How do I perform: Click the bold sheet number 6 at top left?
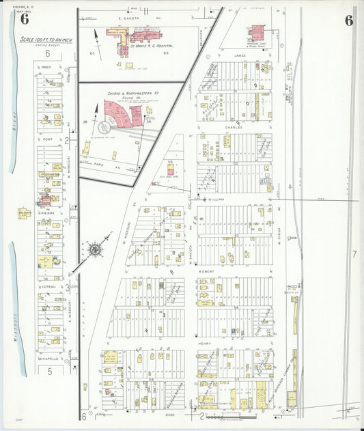25,18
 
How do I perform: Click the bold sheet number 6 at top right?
349,20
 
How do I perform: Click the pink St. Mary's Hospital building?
143,35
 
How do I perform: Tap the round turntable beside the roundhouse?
104,126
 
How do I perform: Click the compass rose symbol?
92,249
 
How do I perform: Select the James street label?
239,56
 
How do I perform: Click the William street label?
216,199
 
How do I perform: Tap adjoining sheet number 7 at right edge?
354,254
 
